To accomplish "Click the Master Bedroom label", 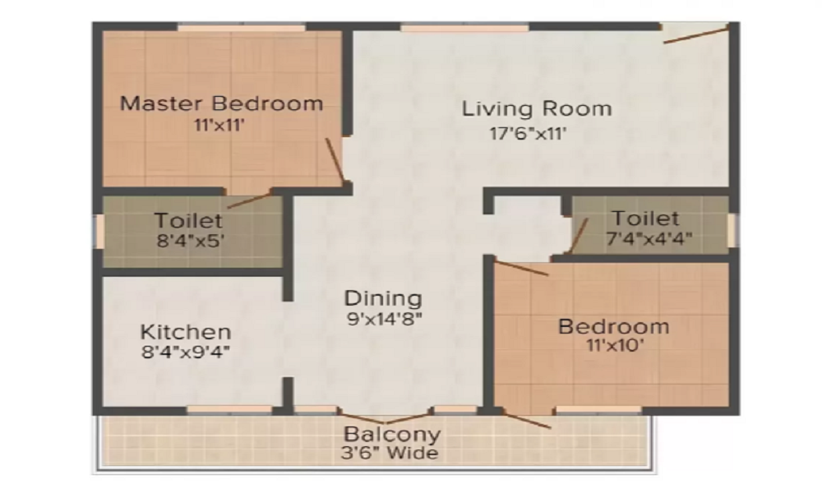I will (221, 104).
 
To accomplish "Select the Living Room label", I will (536, 108).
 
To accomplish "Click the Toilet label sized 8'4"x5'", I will (188, 220).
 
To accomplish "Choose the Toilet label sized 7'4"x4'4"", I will (645, 219).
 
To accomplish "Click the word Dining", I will (383, 298).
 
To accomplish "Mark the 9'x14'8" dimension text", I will (384, 320).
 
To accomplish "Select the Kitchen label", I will (186, 333).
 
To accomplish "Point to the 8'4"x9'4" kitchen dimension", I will (185, 354).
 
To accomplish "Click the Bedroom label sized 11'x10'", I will (613, 326).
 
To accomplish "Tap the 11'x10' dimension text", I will (612, 347).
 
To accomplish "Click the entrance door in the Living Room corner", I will (696, 35).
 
